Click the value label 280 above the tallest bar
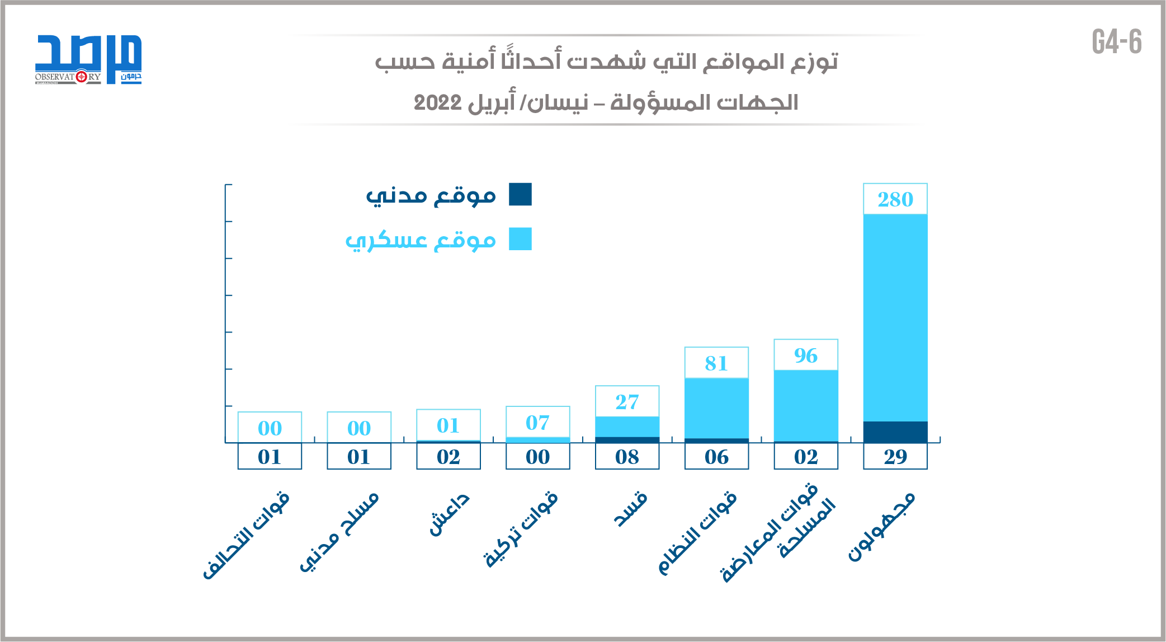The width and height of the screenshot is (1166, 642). pyautogui.click(x=895, y=199)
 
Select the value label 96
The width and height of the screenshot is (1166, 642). pyautogui.click(x=805, y=355)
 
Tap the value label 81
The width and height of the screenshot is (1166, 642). pyautogui.click(x=716, y=363)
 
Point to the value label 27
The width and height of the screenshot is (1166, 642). pyautogui.click(x=627, y=402)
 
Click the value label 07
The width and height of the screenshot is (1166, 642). pyautogui.click(x=537, y=423)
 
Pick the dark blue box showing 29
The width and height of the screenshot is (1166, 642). pyautogui.click(x=895, y=457)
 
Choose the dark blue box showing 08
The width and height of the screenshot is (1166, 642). pyautogui.click(x=627, y=457)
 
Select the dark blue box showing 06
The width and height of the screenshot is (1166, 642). pyautogui.click(x=716, y=457)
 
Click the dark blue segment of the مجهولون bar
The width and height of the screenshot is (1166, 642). pyautogui.click(x=895, y=432)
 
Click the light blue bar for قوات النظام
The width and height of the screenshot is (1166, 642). pyautogui.click(x=716, y=408)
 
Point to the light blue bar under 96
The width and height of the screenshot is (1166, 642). pyautogui.click(x=805, y=406)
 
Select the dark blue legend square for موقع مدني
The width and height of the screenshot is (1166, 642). pyautogui.click(x=520, y=194)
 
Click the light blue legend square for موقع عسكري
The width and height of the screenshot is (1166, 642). pyautogui.click(x=520, y=239)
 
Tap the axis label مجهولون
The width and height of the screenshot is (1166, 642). pyautogui.click(x=881, y=526)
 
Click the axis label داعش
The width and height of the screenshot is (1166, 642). pyautogui.click(x=449, y=514)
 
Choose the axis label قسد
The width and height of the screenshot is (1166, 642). pyautogui.click(x=630, y=509)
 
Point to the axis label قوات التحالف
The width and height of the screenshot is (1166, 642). pyautogui.click(x=247, y=535)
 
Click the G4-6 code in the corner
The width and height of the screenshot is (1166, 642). pyautogui.click(x=1116, y=42)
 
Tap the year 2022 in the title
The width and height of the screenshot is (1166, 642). pyautogui.click(x=437, y=103)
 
